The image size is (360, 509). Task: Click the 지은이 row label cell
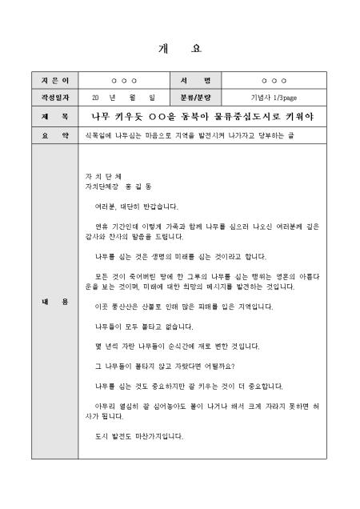click(50, 81)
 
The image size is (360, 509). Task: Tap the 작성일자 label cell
click(50, 98)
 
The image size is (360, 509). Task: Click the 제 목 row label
click(50, 117)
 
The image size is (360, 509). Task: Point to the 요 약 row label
click(50, 136)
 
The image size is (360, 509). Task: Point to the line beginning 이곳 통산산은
click(184, 307)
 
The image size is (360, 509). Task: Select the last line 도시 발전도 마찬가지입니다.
click(138, 436)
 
